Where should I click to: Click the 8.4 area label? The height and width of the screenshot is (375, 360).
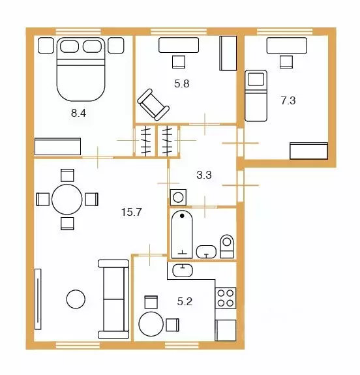[x=78, y=113]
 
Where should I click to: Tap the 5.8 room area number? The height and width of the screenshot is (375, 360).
[x=182, y=83]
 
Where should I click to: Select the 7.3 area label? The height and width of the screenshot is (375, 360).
[x=288, y=100]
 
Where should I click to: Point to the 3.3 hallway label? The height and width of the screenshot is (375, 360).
[x=204, y=175]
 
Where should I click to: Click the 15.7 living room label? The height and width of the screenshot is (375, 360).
[x=132, y=212]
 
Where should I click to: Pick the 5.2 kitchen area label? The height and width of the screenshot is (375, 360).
[x=185, y=301]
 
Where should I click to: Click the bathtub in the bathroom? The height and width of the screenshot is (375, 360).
[x=182, y=234]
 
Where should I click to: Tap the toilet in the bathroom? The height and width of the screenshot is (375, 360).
[x=227, y=247]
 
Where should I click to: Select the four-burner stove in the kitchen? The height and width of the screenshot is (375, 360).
[x=226, y=298]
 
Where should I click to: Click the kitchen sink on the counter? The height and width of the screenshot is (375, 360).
[x=183, y=271]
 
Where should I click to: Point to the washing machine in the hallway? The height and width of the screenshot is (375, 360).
[x=178, y=198]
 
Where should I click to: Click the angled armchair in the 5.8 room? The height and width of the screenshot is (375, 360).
[x=153, y=104]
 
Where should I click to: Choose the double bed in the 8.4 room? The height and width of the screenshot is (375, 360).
[x=81, y=69]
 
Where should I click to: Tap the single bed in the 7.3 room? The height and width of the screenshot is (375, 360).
[x=256, y=96]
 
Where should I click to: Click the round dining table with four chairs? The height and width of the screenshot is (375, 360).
[x=67, y=200]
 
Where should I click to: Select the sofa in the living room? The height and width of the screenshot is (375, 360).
[x=113, y=299]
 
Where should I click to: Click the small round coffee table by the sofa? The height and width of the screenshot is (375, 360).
[x=76, y=299]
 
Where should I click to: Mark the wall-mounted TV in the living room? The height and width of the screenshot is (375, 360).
[x=38, y=299]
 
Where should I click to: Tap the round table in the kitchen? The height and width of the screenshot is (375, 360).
[x=151, y=324]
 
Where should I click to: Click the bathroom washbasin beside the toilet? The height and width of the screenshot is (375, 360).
[x=206, y=252]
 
